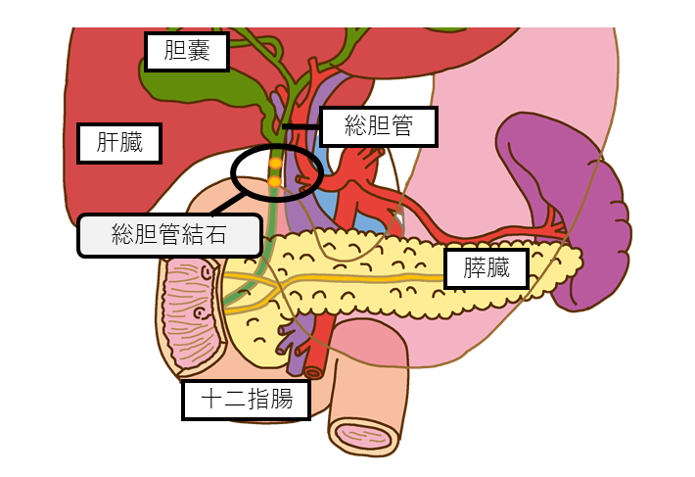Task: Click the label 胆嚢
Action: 186,52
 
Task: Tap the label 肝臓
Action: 119,143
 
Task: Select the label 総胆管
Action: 378,126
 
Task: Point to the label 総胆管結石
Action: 168,235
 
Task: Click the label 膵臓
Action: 486,268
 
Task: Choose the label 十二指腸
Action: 246,400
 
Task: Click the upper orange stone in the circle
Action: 276,163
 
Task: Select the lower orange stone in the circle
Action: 275,181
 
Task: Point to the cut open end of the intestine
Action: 364,434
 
